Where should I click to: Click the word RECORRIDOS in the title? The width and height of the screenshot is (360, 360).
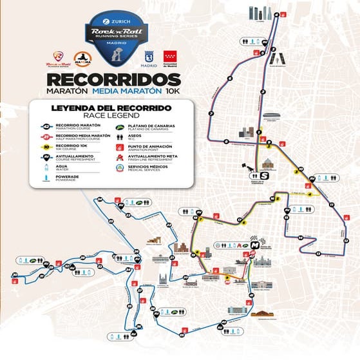click(x=113, y=79)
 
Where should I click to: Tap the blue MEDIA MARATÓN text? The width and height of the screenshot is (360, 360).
click(x=128, y=91)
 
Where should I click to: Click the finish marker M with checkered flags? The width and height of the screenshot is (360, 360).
click(x=247, y=244)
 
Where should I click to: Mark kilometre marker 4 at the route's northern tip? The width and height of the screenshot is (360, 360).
click(x=277, y=14)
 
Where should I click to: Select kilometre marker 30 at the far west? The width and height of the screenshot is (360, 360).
click(x=14, y=275)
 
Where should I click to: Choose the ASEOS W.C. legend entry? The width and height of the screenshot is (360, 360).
click(x=138, y=137)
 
